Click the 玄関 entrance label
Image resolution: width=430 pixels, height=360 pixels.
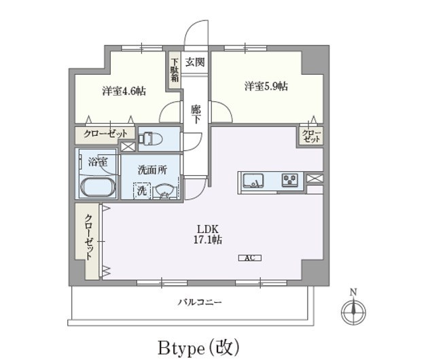coord(195,62)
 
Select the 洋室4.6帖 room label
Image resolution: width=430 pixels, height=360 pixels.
coord(124,90)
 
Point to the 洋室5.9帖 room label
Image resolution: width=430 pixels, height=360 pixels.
coord(266,86)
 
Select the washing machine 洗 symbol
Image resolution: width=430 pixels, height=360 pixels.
coord(142,191)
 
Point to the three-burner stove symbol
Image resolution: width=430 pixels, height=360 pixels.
coord(290,180)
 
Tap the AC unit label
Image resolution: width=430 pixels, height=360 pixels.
coord(249,257)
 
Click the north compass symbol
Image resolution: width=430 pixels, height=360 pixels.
coord(353,310)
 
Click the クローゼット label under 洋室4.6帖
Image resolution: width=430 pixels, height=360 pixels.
coord(105,134)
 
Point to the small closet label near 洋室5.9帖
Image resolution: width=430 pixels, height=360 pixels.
coord(311,136)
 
